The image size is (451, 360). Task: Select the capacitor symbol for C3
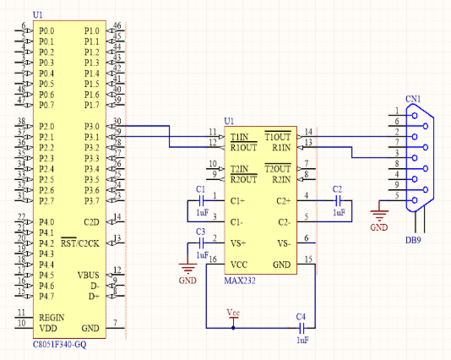(201, 243)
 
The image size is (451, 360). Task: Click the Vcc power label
(234, 313)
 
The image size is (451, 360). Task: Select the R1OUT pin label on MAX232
(243, 146)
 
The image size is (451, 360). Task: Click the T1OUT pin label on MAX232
(277, 136)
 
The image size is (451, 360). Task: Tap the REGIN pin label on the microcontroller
(52, 317)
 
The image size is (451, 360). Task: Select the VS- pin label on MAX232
(284, 243)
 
